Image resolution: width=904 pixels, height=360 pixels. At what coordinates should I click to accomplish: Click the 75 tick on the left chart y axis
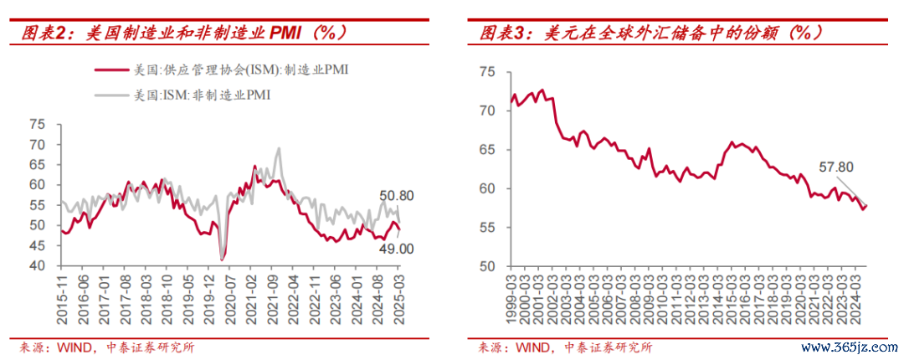[37, 124]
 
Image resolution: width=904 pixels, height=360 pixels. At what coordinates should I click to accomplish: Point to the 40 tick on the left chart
[37, 266]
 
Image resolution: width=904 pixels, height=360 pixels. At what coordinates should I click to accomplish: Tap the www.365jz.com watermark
[845, 347]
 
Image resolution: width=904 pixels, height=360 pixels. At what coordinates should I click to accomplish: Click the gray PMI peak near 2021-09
[278, 149]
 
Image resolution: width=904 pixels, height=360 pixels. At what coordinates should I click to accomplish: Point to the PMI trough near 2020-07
[223, 260]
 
